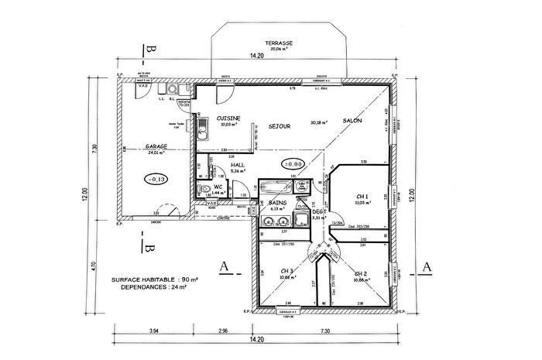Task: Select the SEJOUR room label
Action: [x=280, y=125]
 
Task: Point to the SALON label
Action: [x=353, y=122]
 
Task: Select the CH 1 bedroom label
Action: [x=362, y=196]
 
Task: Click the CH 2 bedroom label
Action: [x=361, y=273]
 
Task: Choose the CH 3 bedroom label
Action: [x=286, y=271]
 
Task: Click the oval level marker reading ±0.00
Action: [x=293, y=164]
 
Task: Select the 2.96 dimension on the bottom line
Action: [x=223, y=331]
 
